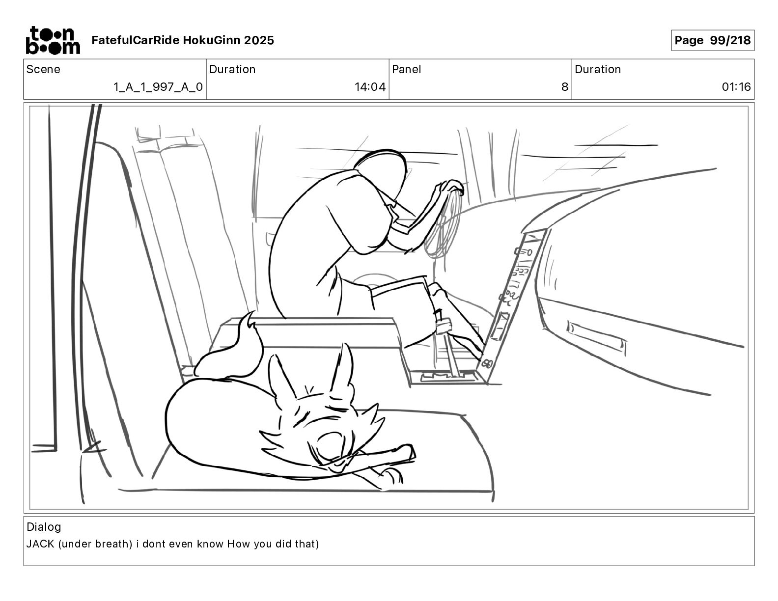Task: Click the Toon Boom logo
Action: coord(53,40)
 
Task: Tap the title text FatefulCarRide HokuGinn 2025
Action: coord(183,40)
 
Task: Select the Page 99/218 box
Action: coord(712,40)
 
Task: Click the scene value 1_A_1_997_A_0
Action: coord(158,87)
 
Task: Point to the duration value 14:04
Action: coord(370,87)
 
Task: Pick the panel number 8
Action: coord(564,87)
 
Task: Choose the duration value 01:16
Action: coord(736,87)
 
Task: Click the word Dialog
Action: coord(44,527)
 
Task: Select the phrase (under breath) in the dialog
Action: coord(95,544)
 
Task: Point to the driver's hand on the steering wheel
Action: coord(451,186)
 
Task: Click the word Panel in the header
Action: coord(406,69)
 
